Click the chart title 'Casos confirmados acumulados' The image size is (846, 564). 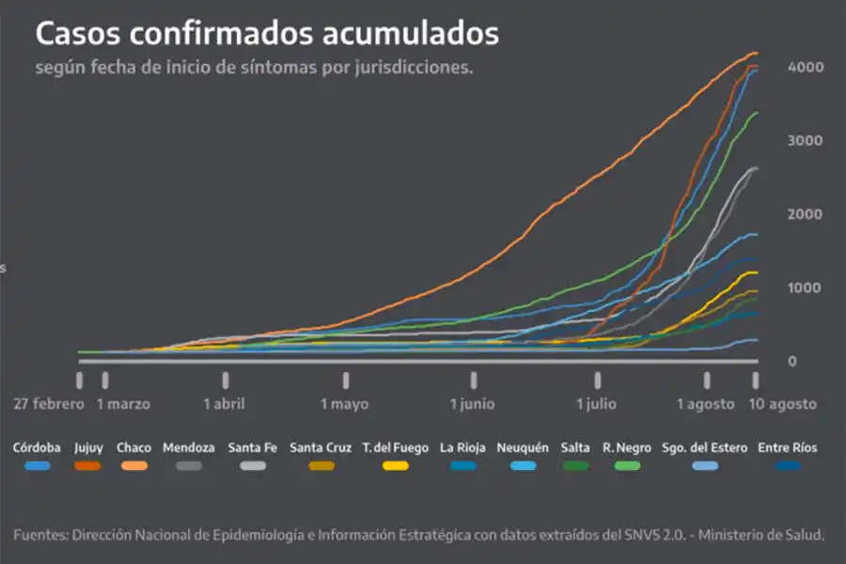[267, 33]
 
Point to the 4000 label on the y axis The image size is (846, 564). [806, 68]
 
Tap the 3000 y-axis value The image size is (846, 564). [806, 141]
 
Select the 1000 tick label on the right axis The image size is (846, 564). [806, 289]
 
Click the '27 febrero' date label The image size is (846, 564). [48, 404]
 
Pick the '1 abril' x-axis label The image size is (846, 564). [224, 404]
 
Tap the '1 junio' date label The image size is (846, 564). [472, 404]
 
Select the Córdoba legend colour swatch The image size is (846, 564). [38, 465]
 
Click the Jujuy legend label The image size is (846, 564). [88, 448]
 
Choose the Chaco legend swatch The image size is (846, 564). [134, 465]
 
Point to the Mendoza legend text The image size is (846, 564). [188, 448]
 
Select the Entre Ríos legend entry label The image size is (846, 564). [788, 448]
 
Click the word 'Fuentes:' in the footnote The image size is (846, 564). [41, 535]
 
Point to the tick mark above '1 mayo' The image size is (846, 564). [346, 379]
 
